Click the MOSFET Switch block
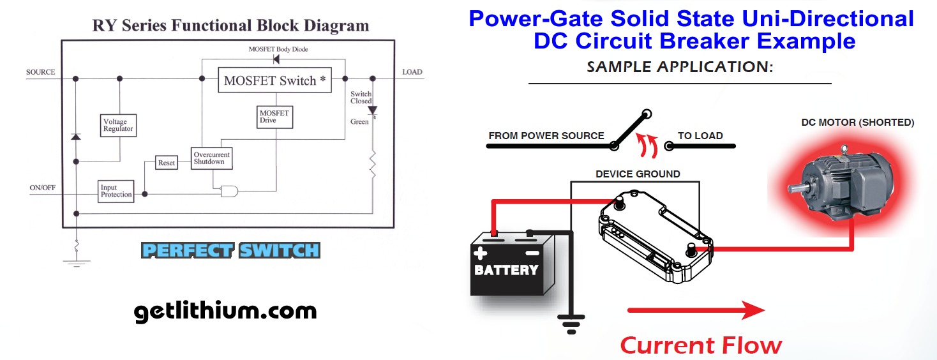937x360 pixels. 275,80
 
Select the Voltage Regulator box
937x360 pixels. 118,125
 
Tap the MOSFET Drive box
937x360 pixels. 274,117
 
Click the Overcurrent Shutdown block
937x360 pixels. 212,158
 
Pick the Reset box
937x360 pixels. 167,163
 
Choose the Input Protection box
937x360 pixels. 116,191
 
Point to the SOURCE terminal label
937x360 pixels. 41,72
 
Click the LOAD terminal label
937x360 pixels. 412,72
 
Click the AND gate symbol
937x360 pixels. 229,190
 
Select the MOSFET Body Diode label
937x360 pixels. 278,49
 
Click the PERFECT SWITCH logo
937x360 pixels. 230,250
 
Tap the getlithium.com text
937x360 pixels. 225,311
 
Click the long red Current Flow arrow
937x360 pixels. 696,311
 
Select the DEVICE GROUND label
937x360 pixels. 638,174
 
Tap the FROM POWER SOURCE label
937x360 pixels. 546,135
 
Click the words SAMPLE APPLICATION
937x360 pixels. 680,66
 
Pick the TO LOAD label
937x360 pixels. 700,135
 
